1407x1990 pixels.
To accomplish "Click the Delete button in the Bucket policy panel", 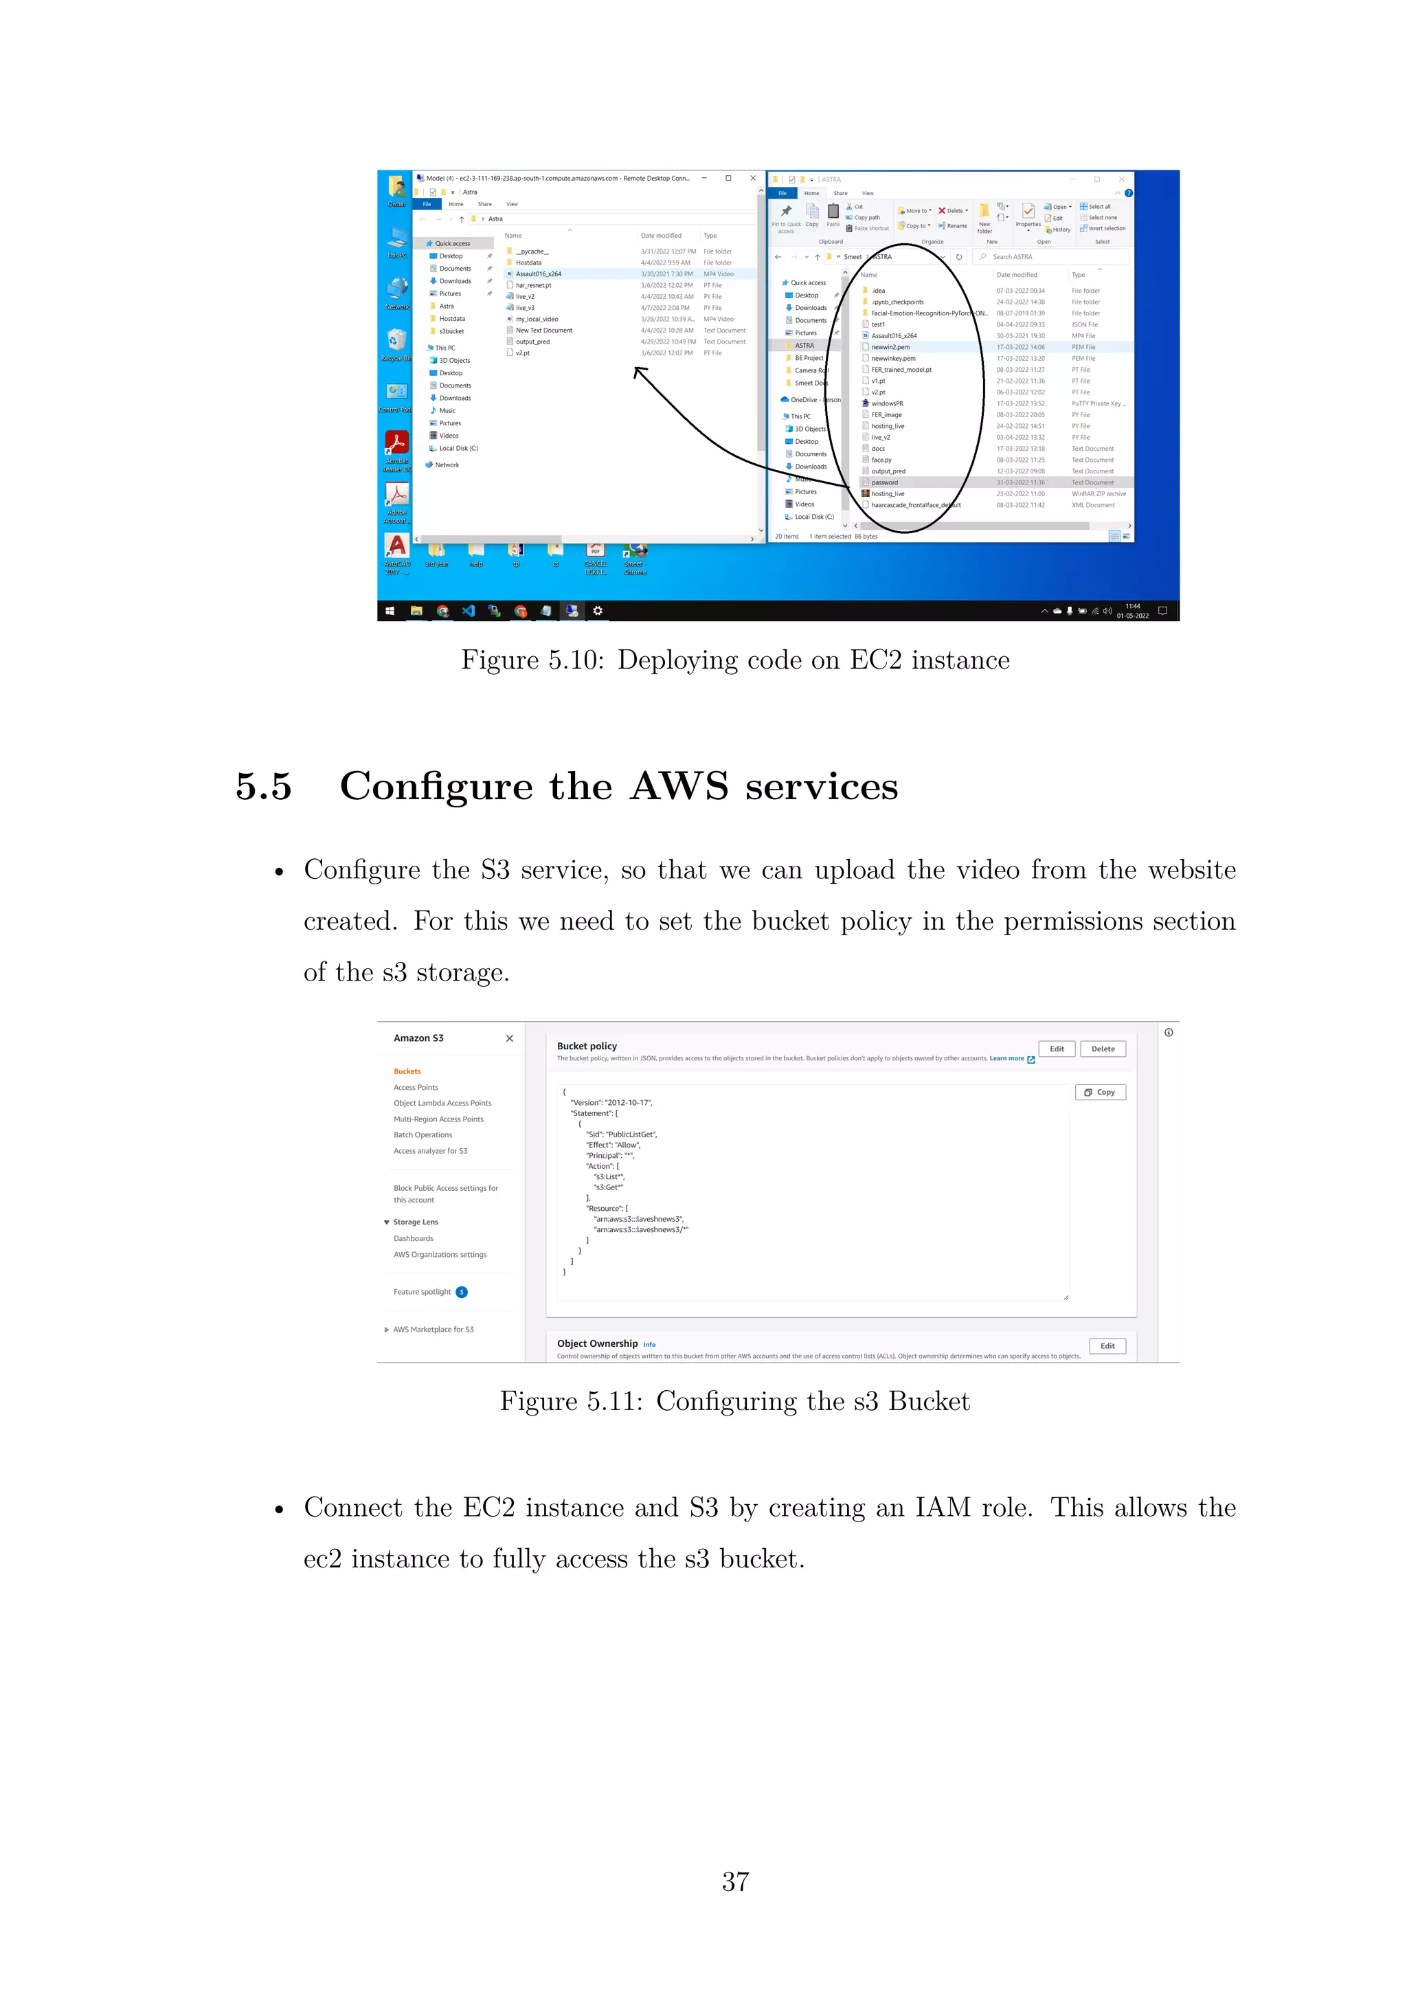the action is pos(1102,1049).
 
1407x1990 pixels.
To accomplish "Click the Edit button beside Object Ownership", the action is pos(1107,1346).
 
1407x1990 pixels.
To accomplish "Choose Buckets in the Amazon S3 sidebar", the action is pos(407,1071).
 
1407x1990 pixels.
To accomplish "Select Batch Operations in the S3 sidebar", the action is pos(423,1134).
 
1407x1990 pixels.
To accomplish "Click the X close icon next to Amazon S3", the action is pos(510,1038).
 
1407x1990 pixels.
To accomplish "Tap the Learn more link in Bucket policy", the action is pos(1006,1058).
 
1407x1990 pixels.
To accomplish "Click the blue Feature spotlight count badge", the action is pos(462,1293).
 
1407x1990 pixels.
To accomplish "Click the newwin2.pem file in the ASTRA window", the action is pos(890,347).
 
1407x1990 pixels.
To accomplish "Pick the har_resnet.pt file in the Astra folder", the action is pos(533,285).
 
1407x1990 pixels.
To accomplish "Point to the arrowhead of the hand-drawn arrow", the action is pos(638,371).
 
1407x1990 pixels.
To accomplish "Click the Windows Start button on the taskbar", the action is pos(390,611).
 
